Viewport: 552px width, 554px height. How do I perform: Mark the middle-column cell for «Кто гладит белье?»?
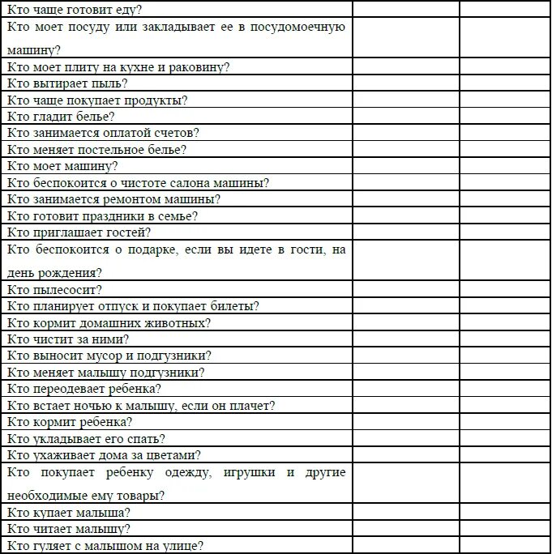[x=406, y=117]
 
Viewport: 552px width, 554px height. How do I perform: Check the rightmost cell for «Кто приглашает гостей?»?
[x=505, y=232]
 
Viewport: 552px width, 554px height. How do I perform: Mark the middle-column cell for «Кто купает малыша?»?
[x=406, y=513]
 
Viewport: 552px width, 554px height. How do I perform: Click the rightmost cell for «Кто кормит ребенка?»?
[x=505, y=422]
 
